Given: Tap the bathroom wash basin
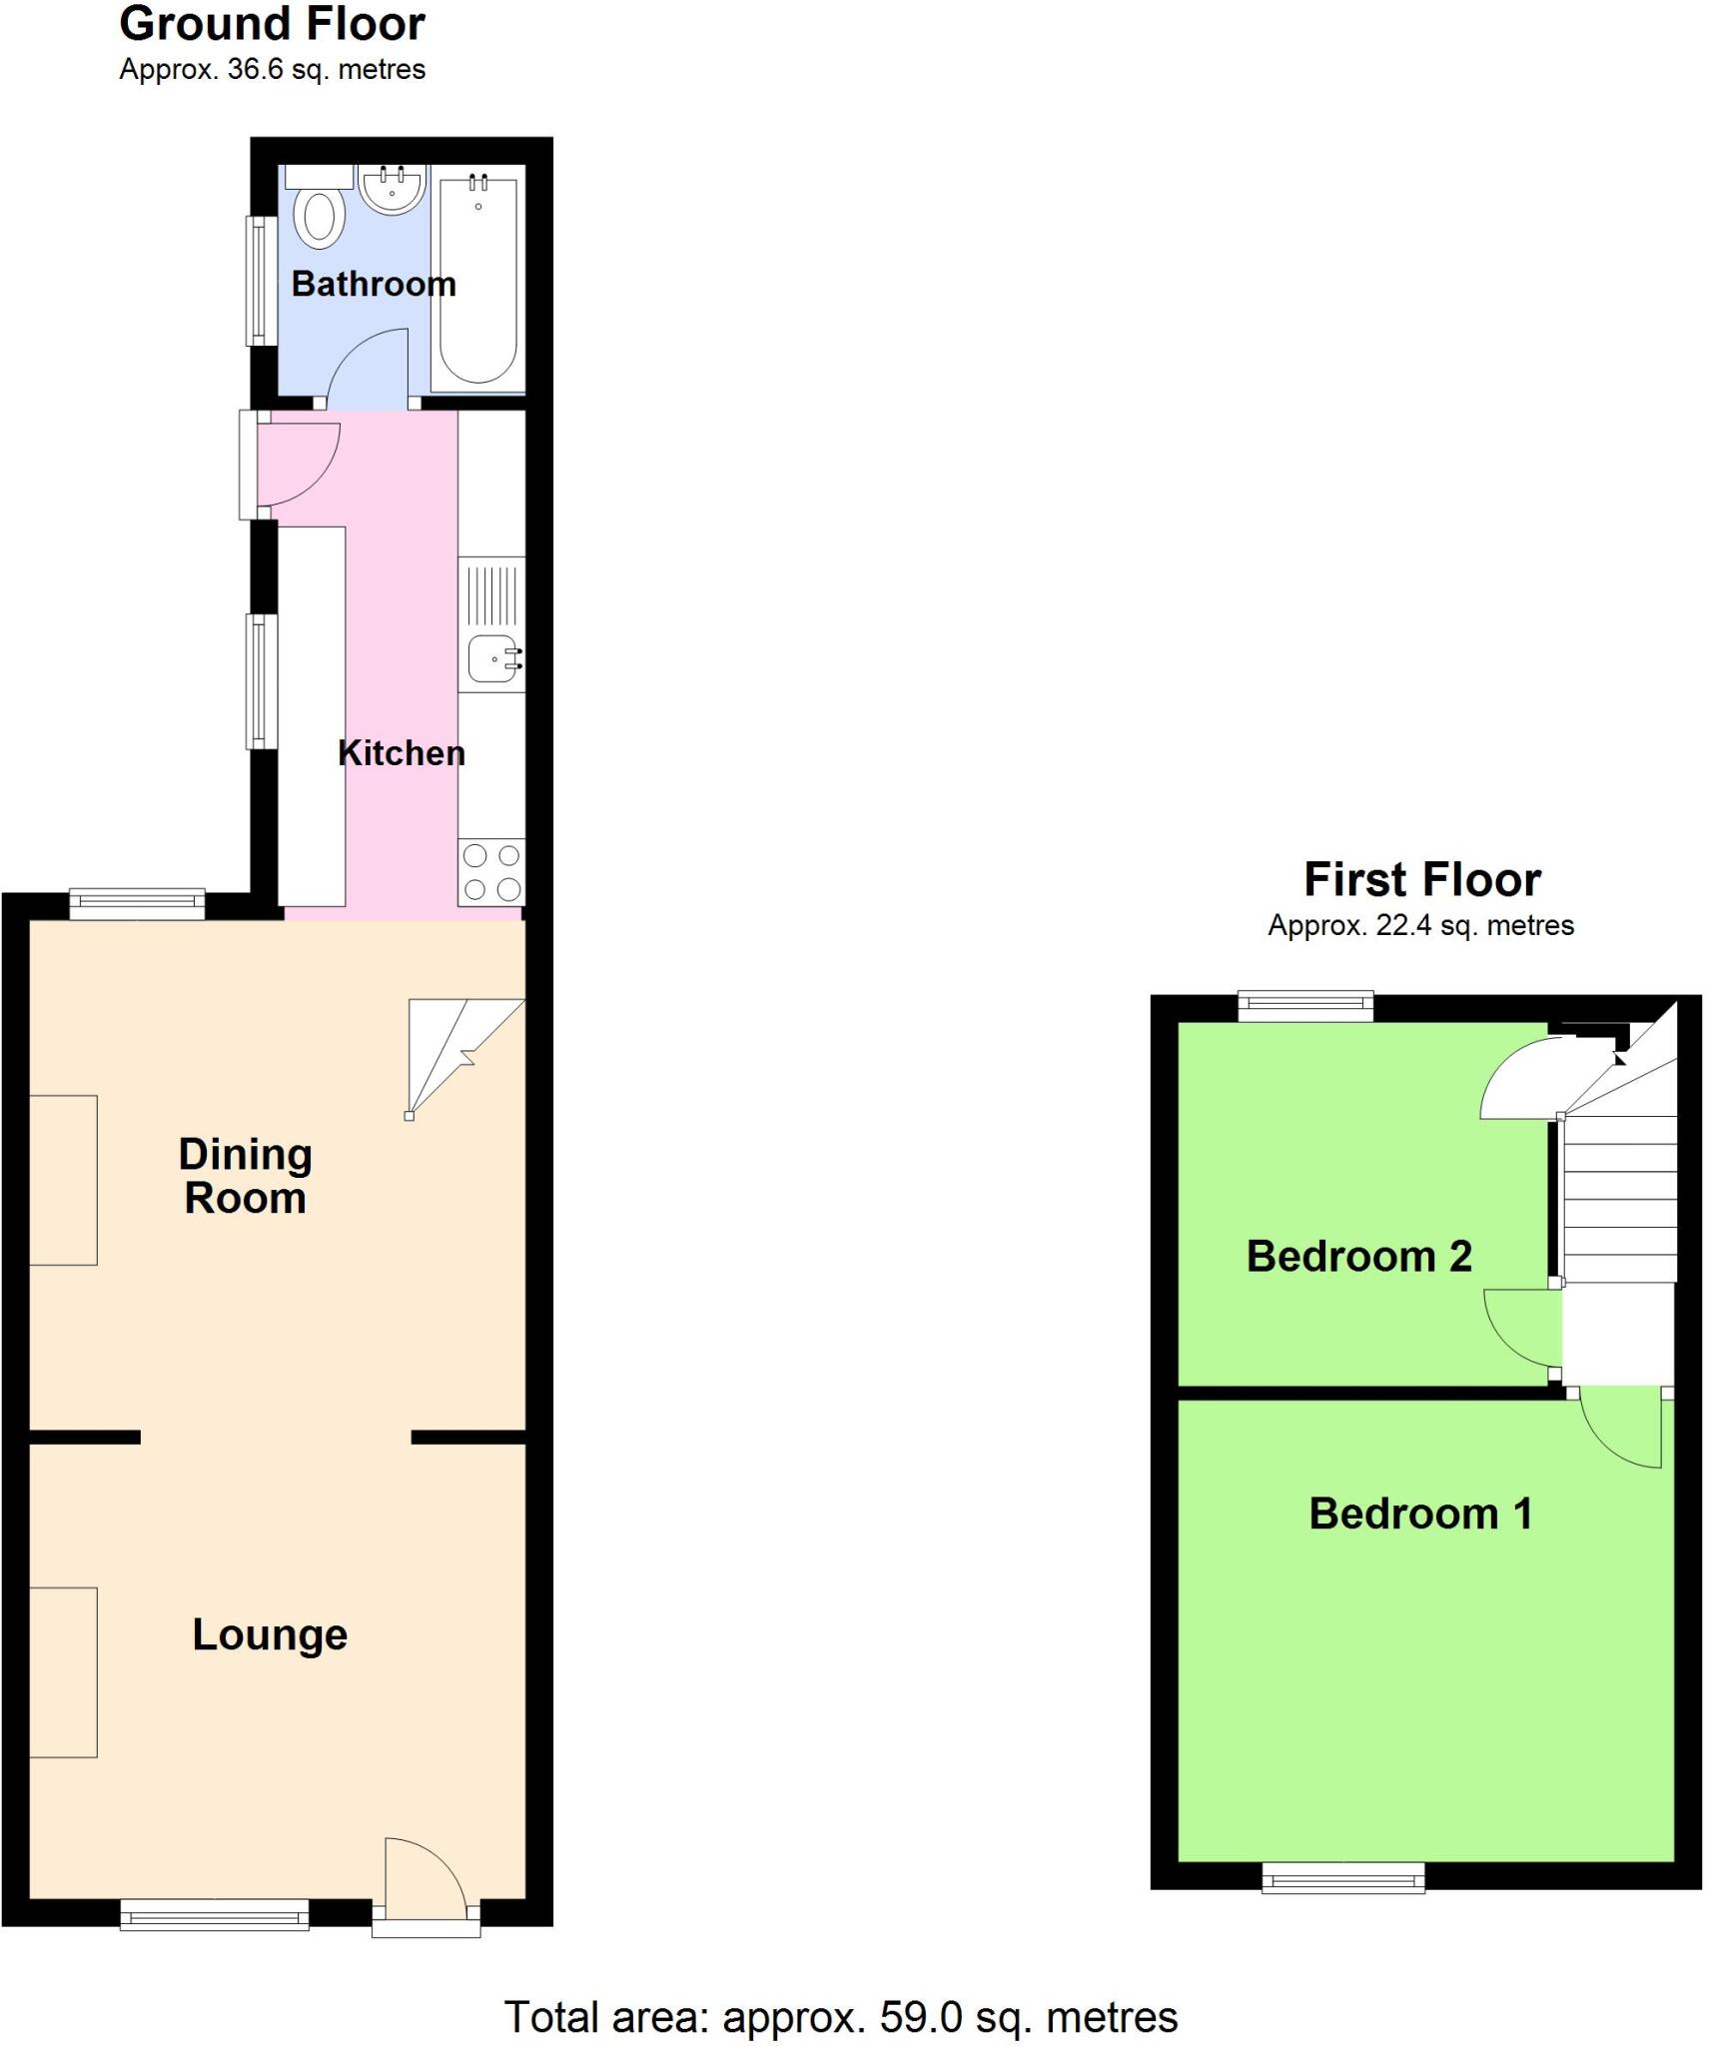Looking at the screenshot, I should (392, 188).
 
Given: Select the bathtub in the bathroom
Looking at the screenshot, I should (478, 280).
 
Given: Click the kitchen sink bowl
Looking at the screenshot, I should (491, 658).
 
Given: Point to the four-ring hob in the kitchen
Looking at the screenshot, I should (491, 871).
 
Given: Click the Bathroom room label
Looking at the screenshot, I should (374, 285).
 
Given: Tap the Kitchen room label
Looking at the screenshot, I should (402, 753).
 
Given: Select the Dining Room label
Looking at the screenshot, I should (245, 1176).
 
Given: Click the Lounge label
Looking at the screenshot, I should (270, 1635).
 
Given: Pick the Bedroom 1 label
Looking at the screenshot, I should (1420, 1514).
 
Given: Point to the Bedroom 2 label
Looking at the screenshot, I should (1358, 1256).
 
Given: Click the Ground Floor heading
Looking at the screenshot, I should (272, 24).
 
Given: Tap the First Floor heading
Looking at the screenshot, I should (1422, 880).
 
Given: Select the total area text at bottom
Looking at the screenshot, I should (841, 2017).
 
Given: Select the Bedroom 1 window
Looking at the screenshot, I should (1343, 1878).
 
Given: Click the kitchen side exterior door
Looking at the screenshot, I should (295, 465).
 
